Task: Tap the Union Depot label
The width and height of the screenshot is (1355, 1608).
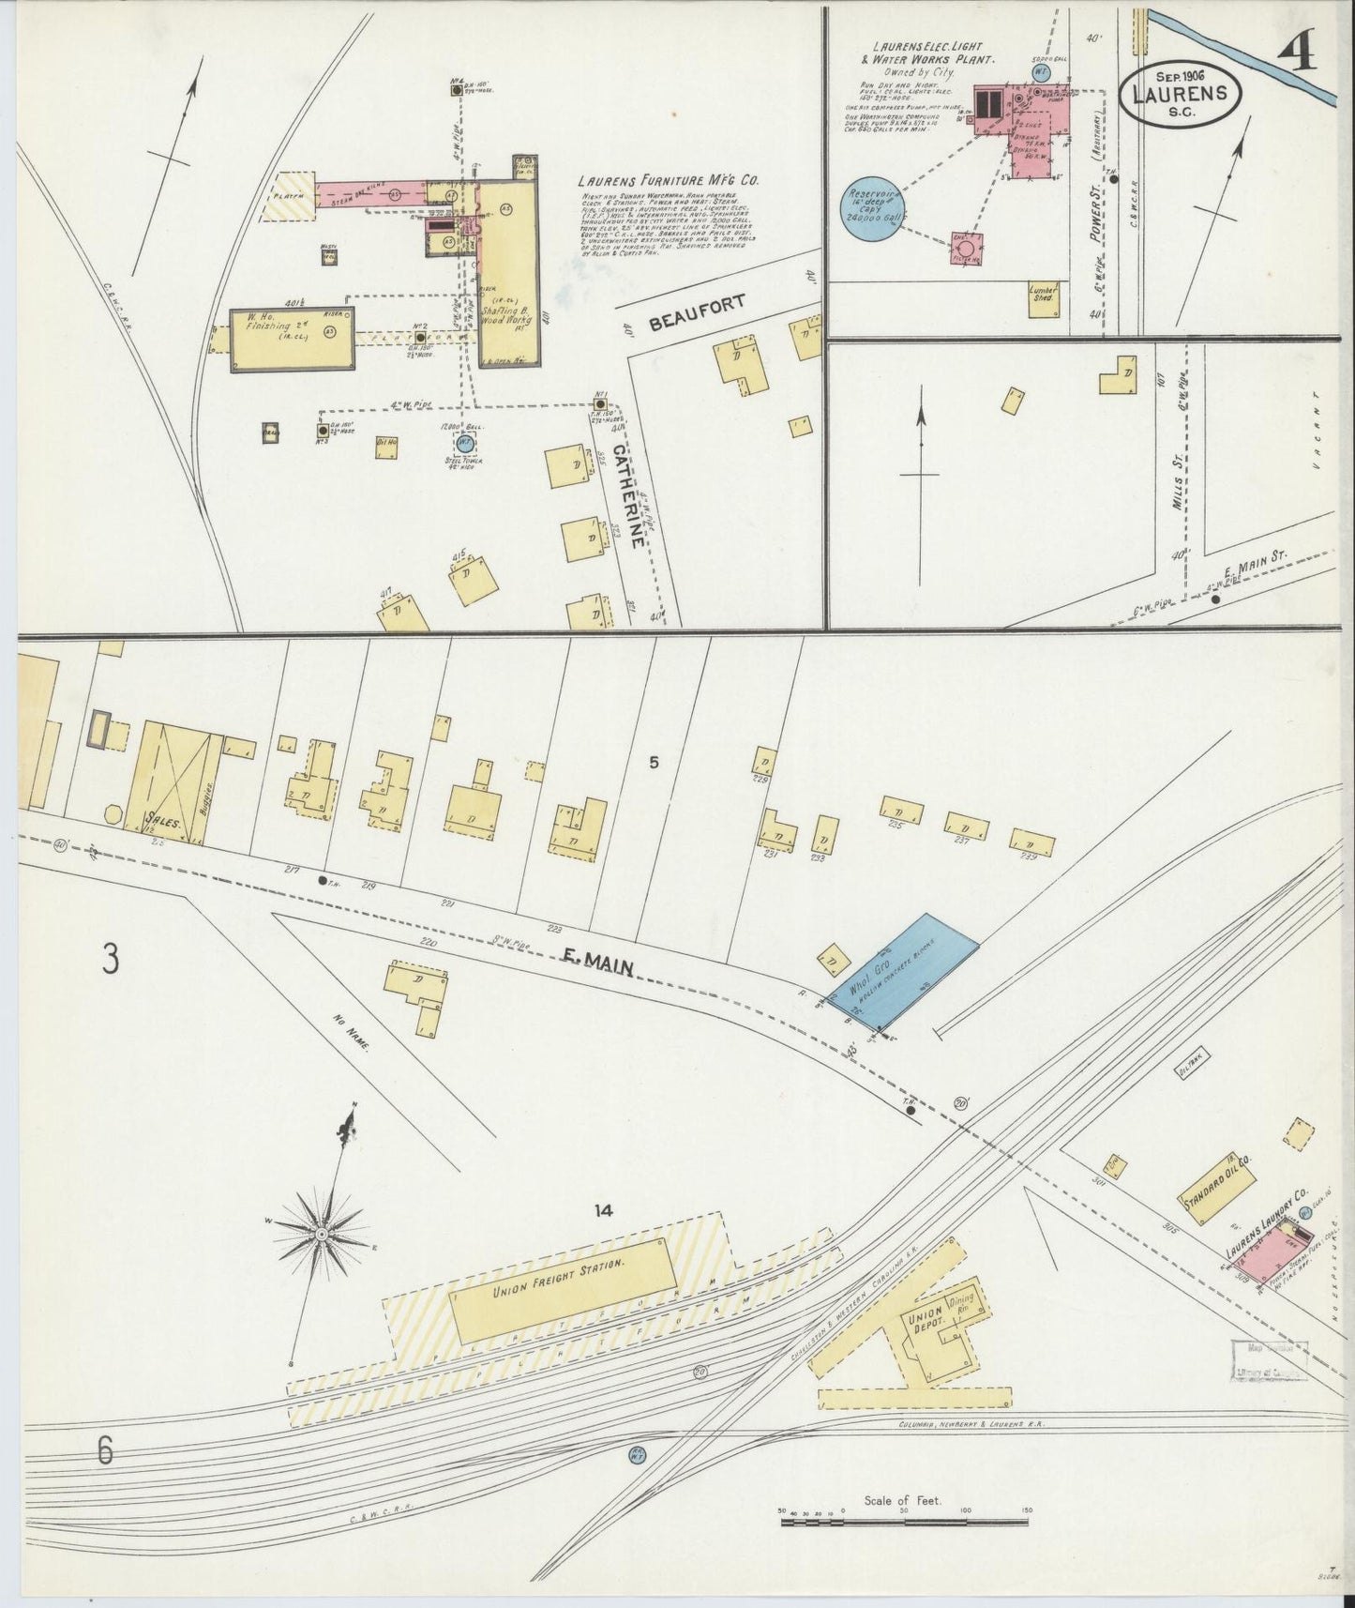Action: (x=926, y=1323)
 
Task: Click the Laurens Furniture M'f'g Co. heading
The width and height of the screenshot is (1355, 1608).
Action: (x=669, y=180)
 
